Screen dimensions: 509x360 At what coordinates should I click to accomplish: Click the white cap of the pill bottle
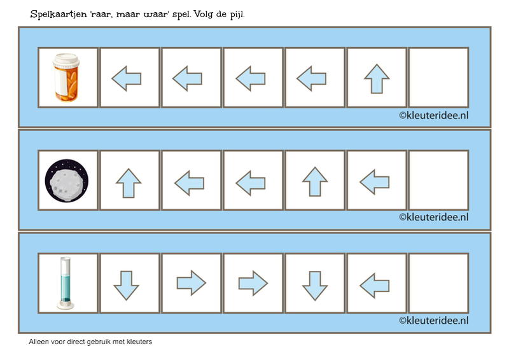click(x=66, y=60)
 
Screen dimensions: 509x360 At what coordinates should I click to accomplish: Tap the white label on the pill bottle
click(x=60, y=81)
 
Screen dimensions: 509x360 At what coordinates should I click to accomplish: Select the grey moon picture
click(x=67, y=181)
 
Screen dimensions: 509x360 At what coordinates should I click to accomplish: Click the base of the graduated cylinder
click(x=66, y=305)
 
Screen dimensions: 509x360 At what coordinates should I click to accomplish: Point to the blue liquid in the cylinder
click(x=66, y=289)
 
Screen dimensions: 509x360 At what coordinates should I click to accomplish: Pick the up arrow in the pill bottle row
click(x=377, y=79)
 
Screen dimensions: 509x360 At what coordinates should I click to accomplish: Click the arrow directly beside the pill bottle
click(x=127, y=79)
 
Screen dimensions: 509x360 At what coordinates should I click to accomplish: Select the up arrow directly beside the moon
click(x=129, y=183)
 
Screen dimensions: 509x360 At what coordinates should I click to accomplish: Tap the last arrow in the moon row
click(x=375, y=182)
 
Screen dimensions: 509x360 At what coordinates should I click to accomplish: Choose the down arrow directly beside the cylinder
click(x=126, y=286)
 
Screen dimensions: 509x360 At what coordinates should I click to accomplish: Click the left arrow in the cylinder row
click(x=375, y=286)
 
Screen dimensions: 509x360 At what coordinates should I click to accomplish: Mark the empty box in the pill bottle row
click(x=438, y=77)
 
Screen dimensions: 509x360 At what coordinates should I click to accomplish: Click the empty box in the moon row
click(x=438, y=180)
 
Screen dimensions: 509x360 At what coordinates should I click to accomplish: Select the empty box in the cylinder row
click(x=438, y=283)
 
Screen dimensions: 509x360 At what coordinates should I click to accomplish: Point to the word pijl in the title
click(x=237, y=15)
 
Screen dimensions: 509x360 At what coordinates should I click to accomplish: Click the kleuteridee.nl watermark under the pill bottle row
click(x=434, y=116)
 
